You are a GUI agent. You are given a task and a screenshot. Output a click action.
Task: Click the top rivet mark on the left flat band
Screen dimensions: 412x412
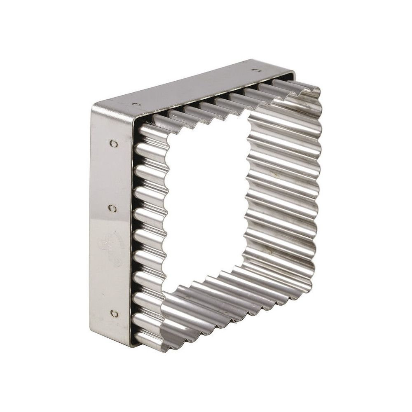[x=114, y=144]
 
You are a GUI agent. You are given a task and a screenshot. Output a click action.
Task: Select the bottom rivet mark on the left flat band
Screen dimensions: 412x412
[x=114, y=314]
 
